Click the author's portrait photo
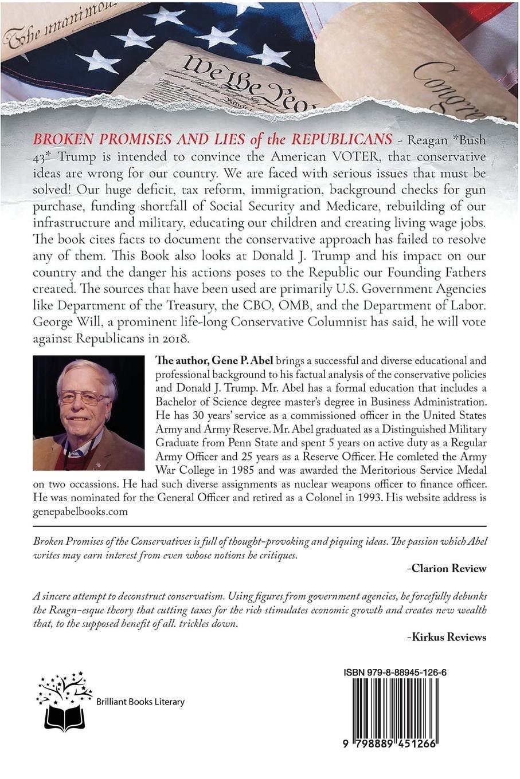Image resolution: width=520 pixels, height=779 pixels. (x=89, y=412)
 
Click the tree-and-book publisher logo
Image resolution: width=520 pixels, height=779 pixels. (x=64, y=701)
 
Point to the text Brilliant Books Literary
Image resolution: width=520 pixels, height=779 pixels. (x=140, y=702)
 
